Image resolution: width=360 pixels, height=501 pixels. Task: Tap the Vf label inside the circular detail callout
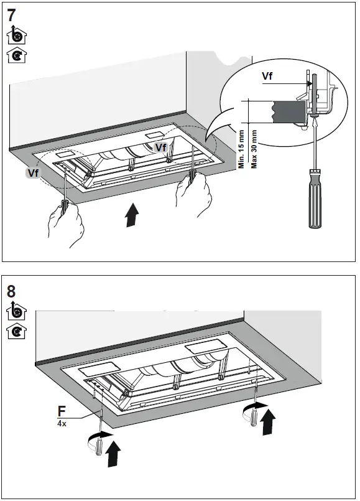268,77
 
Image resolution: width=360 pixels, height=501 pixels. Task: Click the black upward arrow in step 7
131,216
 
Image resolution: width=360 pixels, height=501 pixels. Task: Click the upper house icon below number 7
15,35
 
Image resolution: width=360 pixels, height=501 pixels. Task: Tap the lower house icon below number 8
15,331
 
